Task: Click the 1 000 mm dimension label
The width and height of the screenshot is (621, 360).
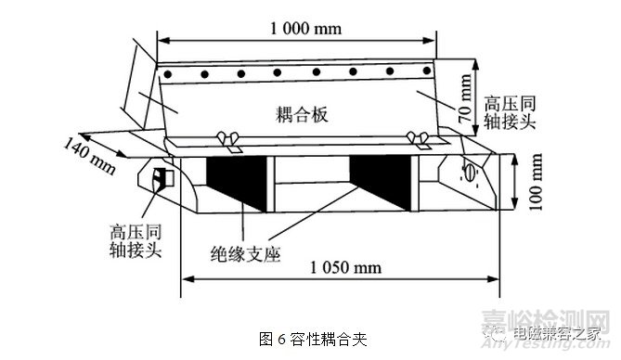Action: click(x=306, y=28)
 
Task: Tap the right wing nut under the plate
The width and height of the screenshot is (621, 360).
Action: click(x=420, y=140)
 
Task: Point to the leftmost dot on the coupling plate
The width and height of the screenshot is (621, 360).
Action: click(x=169, y=73)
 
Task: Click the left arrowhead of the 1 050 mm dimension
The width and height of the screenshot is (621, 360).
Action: click(x=185, y=277)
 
